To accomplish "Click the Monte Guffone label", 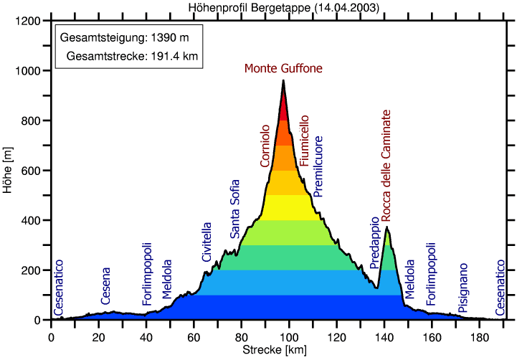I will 283,69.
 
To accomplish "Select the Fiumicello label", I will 304,141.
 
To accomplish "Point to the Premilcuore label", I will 318,166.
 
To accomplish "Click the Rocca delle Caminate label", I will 386,165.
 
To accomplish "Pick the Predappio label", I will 374,243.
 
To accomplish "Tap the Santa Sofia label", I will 235,209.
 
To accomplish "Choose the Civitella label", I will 207,242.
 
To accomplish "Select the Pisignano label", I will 463,288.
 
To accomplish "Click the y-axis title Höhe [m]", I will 8,171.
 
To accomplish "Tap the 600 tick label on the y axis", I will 31,171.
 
